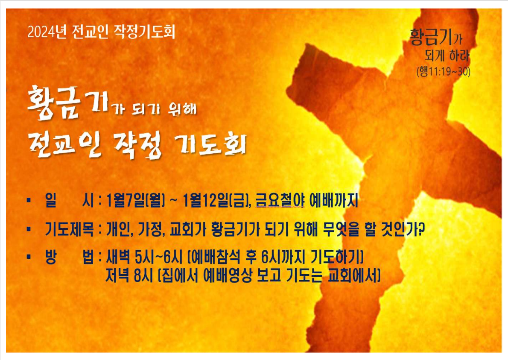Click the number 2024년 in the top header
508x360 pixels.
point(47,32)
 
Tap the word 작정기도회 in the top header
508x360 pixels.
point(144,32)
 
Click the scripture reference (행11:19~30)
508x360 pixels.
point(443,71)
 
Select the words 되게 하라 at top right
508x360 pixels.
point(447,56)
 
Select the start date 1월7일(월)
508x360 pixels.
point(135,201)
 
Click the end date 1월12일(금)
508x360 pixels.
point(214,201)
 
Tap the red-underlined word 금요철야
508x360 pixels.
point(279,201)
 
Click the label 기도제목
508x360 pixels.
point(69,229)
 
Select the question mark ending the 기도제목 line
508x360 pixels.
point(421,229)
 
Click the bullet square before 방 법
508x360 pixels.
point(29,257)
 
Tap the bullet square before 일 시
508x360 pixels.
point(29,201)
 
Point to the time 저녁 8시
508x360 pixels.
point(129,276)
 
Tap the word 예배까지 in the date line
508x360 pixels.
point(334,201)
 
